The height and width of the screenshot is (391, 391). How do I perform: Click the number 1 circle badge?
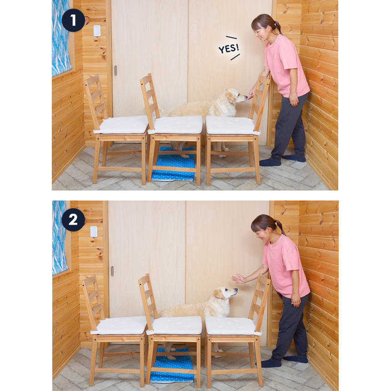73,20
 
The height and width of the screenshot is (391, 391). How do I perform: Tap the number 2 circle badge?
73,220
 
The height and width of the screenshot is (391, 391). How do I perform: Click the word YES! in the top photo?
229,48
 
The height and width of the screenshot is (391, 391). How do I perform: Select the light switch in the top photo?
97,31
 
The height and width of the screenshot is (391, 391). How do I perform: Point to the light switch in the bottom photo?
94,232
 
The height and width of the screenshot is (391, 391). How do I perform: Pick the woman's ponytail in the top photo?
278,27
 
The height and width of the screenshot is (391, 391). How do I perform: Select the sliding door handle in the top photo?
115,70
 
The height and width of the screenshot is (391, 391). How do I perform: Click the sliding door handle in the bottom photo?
112,271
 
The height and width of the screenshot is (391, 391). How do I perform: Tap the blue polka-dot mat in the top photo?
174,164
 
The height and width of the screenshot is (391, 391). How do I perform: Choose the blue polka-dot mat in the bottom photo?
172,366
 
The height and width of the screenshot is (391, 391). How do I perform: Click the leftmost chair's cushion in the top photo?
122,125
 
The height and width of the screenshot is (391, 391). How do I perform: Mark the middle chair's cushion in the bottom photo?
175,326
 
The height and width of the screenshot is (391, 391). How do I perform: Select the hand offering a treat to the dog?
251,95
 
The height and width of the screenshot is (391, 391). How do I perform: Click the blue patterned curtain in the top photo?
60,37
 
